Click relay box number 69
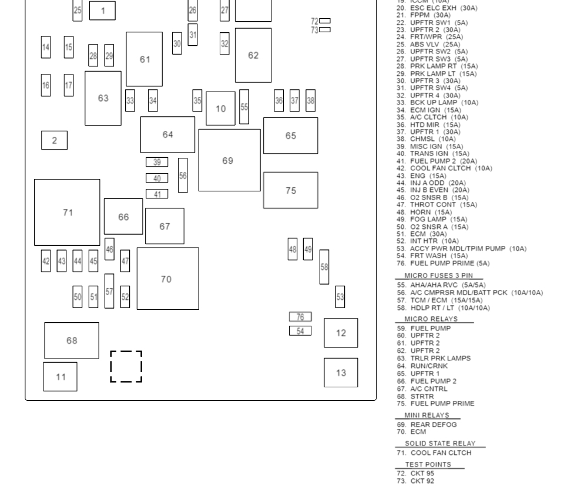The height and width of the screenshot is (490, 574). click(229, 160)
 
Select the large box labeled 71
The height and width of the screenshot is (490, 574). click(67, 212)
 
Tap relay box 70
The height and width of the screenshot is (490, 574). click(167, 279)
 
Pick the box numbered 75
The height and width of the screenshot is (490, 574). click(290, 190)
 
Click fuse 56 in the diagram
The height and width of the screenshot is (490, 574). click(183, 175)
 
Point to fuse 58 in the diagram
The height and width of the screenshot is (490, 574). click(324, 266)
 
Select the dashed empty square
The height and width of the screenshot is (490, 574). click(126, 366)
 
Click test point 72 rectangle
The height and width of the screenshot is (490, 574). click(324, 21)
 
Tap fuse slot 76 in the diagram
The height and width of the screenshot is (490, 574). click(300, 317)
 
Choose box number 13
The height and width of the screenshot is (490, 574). click(341, 373)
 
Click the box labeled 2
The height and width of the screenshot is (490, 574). click(54, 140)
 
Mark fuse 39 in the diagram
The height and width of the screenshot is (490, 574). click(157, 162)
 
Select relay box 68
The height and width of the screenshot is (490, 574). click(72, 340)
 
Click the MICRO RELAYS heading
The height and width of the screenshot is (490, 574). click(431, 319)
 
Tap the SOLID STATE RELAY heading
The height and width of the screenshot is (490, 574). click(440, 444)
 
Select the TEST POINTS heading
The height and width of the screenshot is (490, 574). click(428, 465)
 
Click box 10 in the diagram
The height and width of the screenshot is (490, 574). click(220, 109)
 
